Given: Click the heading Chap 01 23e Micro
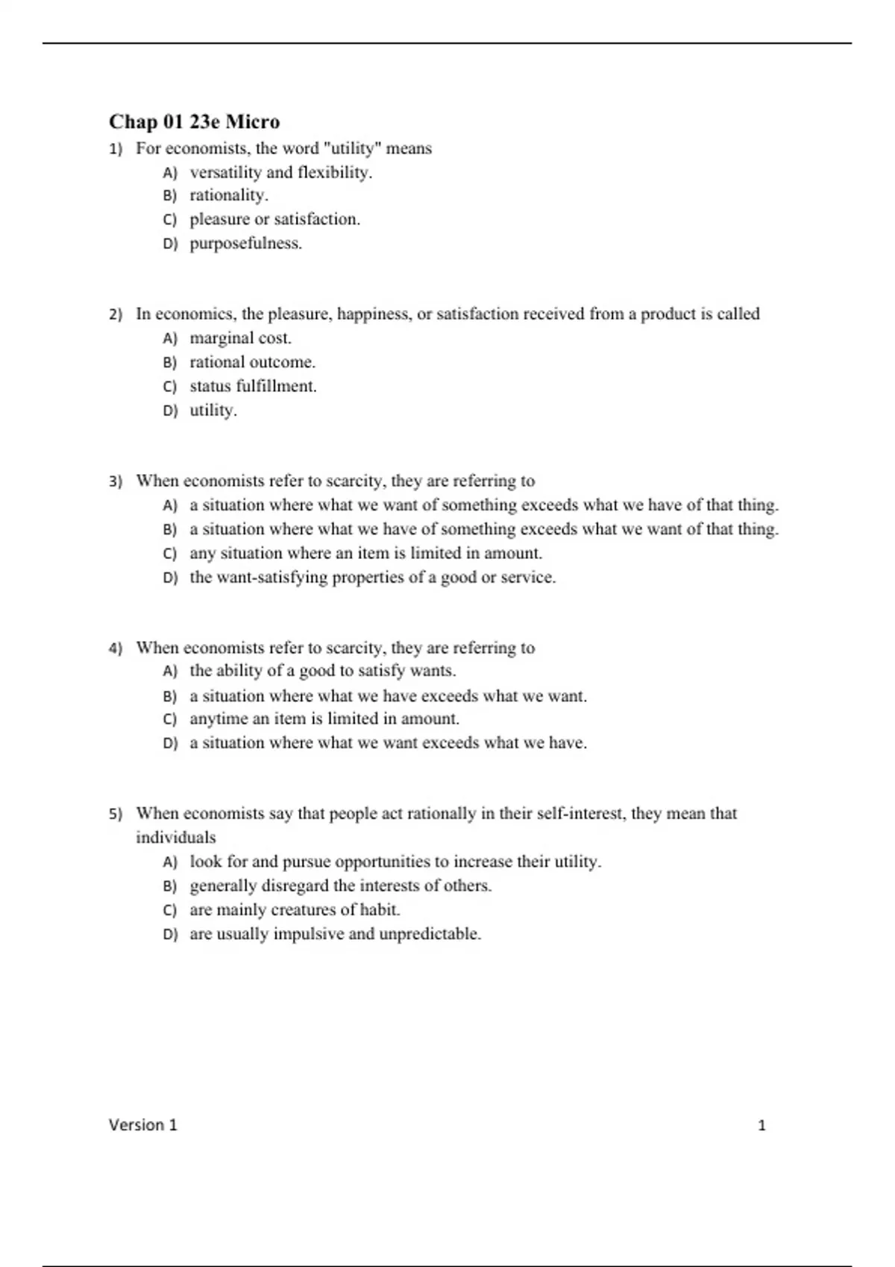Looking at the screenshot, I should [194, 121].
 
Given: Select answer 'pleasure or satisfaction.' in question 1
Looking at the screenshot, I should [274, 219].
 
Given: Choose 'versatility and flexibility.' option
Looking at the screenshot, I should [280, 172].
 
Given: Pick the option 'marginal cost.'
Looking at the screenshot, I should [240, 338].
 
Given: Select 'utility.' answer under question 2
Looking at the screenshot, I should [213, 410].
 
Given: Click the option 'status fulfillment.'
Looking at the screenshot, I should [253, 386].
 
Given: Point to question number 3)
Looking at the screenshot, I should [116, 481].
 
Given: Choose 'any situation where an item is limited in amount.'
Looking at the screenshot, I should [365, 553].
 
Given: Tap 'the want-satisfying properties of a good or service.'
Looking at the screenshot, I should [372, 577].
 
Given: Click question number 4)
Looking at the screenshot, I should [116, 648].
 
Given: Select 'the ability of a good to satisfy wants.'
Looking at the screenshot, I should [322, 671].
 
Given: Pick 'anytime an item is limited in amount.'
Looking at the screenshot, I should [324, 719].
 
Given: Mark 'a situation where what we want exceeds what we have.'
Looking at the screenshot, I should [388, 743].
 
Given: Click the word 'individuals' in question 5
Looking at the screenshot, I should [175, 837].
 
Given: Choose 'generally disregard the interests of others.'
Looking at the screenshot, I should [340, 885].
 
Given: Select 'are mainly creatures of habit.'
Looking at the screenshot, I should [295, 909].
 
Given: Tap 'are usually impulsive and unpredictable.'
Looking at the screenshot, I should [335, 934].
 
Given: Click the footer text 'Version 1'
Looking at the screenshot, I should [143, 1125].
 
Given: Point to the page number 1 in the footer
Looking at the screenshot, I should [761, 1125].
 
